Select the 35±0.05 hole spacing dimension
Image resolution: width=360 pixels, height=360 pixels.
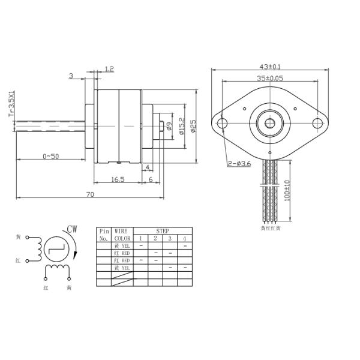point(271,78)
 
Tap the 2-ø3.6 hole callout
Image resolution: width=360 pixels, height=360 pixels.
point(238,164)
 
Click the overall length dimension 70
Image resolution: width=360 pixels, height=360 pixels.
point(90,194)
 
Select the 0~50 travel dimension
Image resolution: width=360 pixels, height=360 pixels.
point(52,156)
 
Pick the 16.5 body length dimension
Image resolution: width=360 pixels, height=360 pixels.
point(118,179)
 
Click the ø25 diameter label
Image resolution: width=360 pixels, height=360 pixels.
point(193,126)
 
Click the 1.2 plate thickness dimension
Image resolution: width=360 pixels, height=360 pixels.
point(109,70)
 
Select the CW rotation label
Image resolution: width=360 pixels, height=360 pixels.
point(72,229)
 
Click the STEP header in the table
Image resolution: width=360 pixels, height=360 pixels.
point(163,230)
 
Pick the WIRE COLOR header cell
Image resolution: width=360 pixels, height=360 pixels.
point(122,235)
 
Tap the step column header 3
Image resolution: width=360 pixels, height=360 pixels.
point(170,238)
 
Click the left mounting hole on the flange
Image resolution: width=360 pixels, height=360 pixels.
point(223,122)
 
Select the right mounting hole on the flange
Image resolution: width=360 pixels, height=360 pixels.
point(318,122)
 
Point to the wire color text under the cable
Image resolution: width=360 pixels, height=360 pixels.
point(270,228)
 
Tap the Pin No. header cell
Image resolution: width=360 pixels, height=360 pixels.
point(104,235)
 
